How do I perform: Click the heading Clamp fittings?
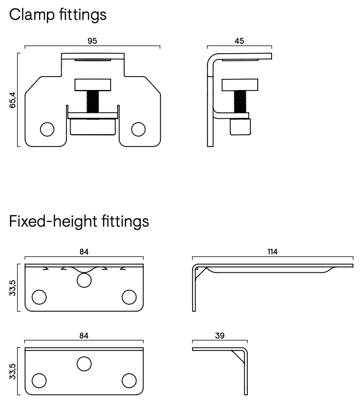tap(58, 14)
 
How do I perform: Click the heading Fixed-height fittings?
tap(79, 221)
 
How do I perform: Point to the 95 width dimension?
tap(92, 41)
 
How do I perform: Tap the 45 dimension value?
tap(239, 41)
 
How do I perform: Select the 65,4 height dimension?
tap(13, 99)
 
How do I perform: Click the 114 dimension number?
tap(272, 252)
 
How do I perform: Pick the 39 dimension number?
tap(219, 336)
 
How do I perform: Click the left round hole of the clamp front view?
tap(47, 129)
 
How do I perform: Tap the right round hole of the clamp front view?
tap(138, 129)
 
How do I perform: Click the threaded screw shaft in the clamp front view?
tap(92, 101)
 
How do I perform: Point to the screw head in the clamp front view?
tap(92, 84)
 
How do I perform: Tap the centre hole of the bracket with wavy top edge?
tap(84, 280)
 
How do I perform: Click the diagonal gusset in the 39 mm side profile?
tap(237, 356)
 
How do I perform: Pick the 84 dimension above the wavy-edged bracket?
tap(84, 252)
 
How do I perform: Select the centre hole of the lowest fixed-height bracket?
tap(84, 364)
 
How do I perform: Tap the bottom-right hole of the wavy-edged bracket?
tap(129, 297)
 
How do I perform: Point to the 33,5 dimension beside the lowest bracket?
tap(13, 372)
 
